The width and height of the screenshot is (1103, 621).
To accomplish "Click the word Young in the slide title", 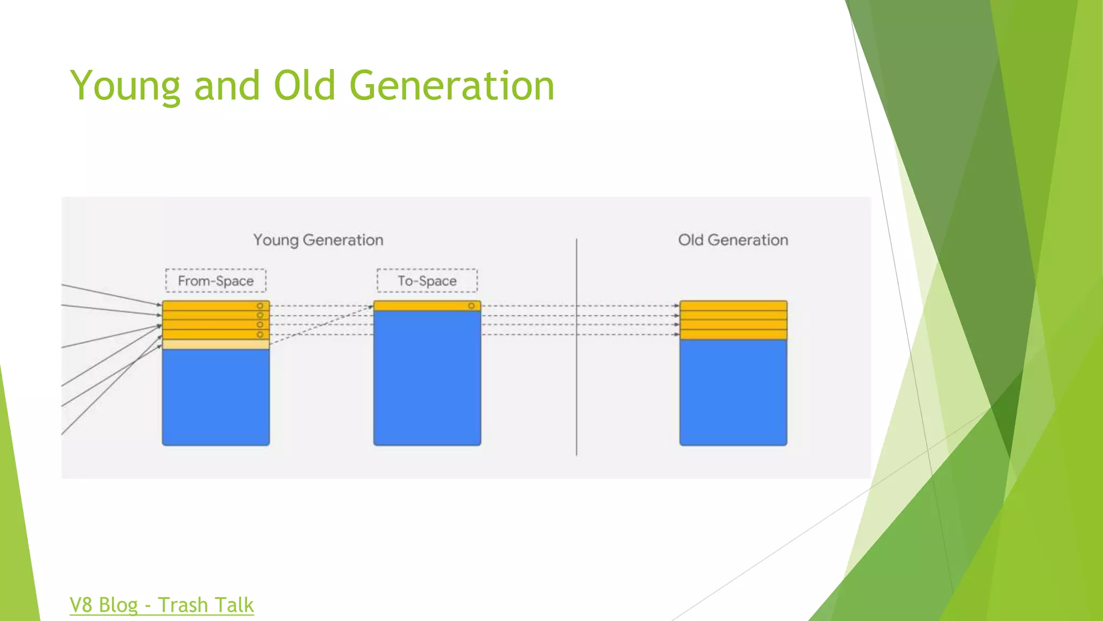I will coord(125,86).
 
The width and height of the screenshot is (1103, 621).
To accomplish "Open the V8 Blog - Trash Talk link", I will coord(162,605).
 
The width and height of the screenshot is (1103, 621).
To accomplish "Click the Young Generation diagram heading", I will coord(318,240).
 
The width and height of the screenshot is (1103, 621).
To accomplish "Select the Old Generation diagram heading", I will coord(732,240).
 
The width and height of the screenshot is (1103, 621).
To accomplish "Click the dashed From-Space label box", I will coord(215,281).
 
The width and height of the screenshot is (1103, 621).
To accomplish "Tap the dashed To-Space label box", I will coord(427,281).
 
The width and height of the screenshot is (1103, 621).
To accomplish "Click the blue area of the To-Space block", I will coord(427,377).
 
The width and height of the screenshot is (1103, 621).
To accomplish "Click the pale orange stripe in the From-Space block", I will coord(215,344).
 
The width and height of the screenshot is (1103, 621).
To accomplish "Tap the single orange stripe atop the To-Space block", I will coord(420,306).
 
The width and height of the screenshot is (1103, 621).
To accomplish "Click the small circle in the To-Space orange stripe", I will coord(471,306).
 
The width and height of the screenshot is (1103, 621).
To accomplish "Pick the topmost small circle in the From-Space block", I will coord(260,306).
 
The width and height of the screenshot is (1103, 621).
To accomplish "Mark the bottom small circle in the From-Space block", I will coord(260,335).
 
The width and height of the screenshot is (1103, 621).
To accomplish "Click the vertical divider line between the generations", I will coord(576,377).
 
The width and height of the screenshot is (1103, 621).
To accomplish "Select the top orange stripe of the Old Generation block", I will coord(732,306).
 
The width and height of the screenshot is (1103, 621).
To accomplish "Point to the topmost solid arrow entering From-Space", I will coord(108,294).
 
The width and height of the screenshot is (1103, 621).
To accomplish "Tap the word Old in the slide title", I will coord(304,86).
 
